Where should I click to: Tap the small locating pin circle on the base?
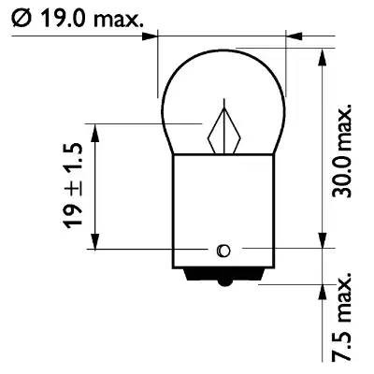pos(223,250)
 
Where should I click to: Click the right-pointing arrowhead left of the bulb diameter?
pos(151,38)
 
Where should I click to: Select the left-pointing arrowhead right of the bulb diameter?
pos(294,38)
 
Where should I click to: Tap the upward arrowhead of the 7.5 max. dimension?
pos(323,291)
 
